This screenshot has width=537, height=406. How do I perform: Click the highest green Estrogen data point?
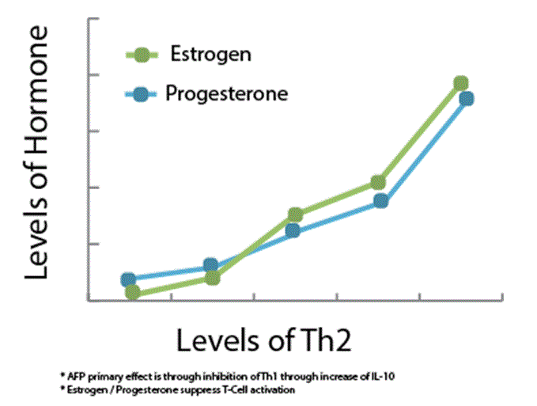coord(460,83)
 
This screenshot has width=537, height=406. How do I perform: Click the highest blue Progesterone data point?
coord(466,98)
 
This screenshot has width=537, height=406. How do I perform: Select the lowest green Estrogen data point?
coord(133,293)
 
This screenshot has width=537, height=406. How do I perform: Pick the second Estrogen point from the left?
coord(212,278)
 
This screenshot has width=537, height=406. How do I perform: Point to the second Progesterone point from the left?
coord(210,264)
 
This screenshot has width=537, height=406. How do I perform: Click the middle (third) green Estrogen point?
coord(296,214)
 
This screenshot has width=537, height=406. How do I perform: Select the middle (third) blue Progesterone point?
coord(293,231)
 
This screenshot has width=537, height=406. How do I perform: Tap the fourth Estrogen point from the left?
coord(378,183)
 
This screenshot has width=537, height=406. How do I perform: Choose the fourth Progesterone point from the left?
coord(381,201)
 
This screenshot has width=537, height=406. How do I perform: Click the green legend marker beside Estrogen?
coord(142,55)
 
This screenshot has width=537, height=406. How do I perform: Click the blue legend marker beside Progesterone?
coord(142,95)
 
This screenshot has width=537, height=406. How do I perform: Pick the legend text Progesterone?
coord(226,94)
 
